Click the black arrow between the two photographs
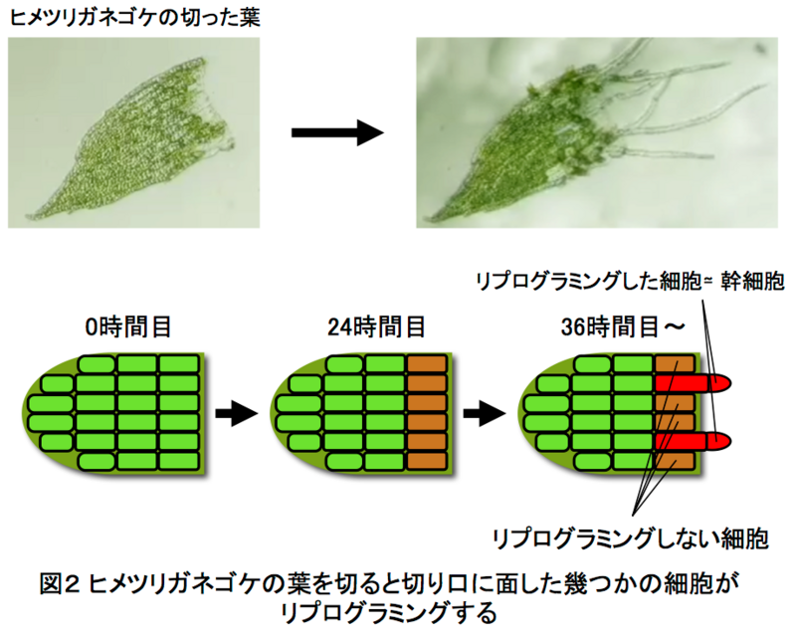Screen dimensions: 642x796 pos(337,133)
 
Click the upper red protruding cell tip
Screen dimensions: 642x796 pos(718,382)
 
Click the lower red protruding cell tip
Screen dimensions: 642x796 pos(718,440)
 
